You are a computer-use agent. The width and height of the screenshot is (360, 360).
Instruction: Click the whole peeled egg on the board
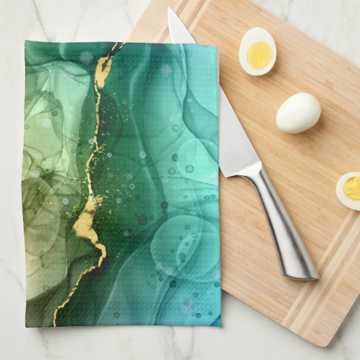(x=298, y=113)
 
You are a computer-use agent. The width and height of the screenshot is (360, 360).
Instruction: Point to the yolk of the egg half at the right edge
(x=353, y=187)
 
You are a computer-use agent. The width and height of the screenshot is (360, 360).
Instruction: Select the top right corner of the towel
(x=217, y=47)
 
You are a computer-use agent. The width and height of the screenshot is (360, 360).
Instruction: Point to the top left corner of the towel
(x=26, y=41)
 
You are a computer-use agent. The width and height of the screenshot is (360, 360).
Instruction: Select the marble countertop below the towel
(x=122, y=343)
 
